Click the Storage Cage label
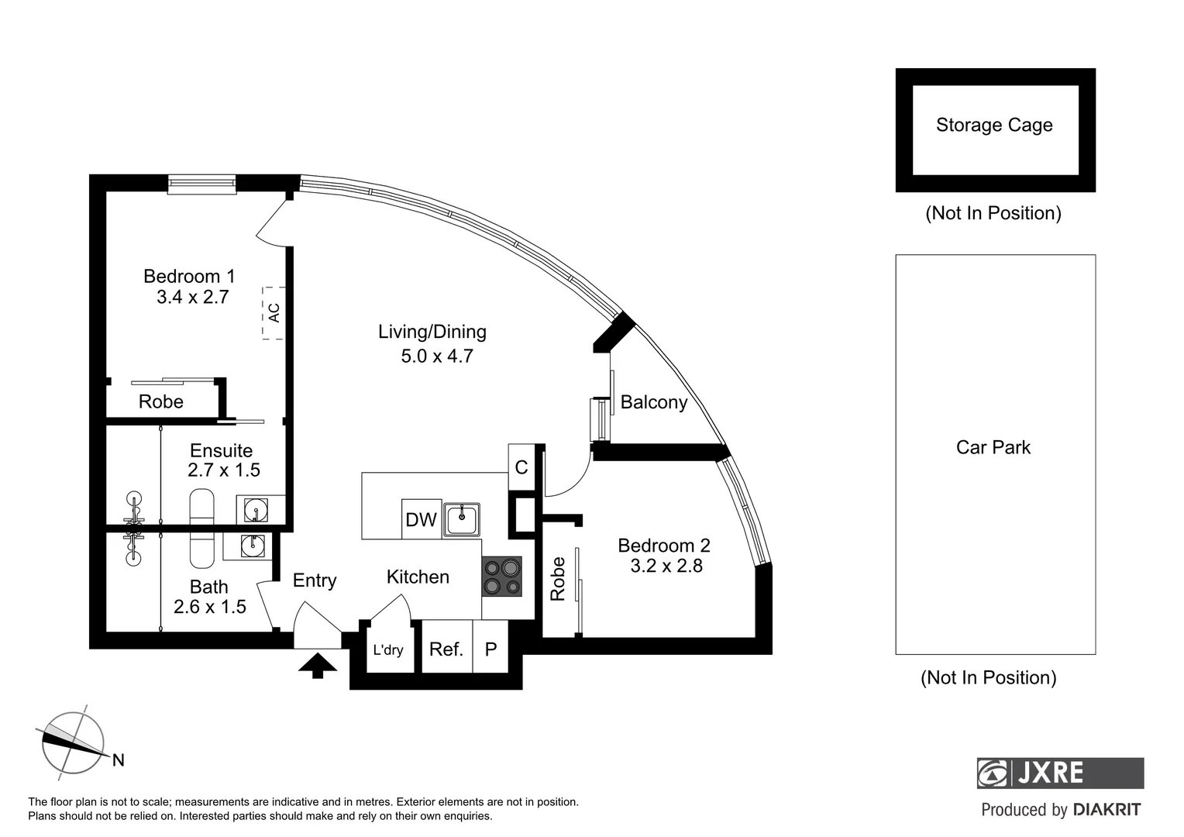coord(994,126)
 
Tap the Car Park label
coord(993,447)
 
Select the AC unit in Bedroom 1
coord(272,312)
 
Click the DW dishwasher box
coord(421,519)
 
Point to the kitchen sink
coord(462,518)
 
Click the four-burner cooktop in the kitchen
coord(501,577)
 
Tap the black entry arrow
coord(317,666)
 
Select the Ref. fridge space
coord(446,649)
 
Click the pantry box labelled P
coord(490,649)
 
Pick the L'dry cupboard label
coord(387,649)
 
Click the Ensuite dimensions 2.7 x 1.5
coord(224,470)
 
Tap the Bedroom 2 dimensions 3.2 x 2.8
coord(666,566)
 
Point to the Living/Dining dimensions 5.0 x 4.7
coord(437,356)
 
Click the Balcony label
coord(653,402)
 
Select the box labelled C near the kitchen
coord(521,467)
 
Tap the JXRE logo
coord(1060,773)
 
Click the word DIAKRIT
coord(1107,810)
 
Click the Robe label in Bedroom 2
coord(558,579)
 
